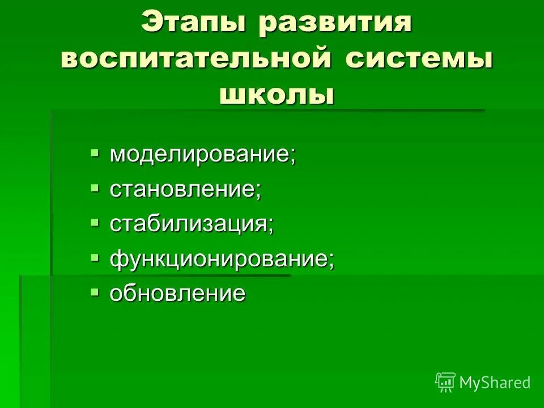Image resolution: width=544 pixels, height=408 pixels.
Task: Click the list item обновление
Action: click(178, 294)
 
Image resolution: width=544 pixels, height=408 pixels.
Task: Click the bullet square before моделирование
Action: click(95, 152)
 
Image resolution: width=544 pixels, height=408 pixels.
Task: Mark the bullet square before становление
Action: click(95, 187)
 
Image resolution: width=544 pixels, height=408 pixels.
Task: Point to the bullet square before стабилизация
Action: click(95, 222)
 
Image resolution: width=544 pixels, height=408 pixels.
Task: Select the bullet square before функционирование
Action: click(95, 257)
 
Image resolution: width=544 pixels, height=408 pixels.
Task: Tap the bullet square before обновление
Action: click(95, 291)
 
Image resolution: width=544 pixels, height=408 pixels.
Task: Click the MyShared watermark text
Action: click(495, 382)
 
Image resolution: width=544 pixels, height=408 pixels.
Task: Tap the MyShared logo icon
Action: click(445, 382)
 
